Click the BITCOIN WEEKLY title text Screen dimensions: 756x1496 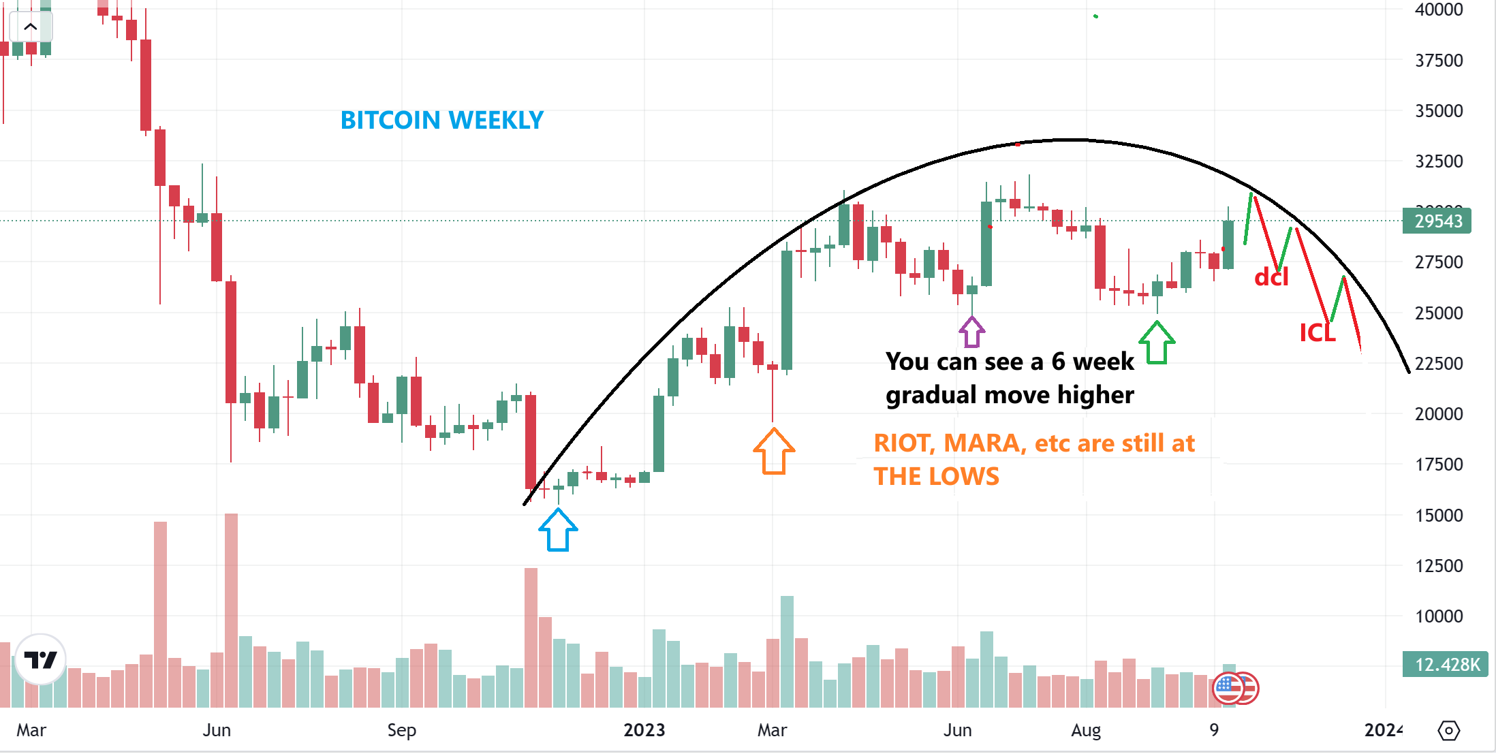441,121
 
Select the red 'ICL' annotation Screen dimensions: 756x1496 1317,333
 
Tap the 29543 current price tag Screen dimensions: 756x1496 1437,221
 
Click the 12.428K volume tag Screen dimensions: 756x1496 1446,665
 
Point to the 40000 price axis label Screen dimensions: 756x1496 1439,10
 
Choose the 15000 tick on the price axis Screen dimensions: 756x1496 1439,516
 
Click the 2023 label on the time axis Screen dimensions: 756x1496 644,730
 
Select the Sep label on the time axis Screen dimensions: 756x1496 401,730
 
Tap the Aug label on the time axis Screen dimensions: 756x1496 1085,730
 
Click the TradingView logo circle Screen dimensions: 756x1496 40,659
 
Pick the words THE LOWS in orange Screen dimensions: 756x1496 936,476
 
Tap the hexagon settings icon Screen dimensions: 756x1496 1448,731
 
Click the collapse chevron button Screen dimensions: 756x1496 31,27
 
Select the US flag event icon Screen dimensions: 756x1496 1229,688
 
